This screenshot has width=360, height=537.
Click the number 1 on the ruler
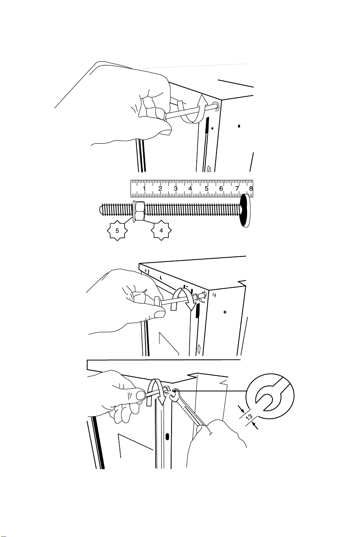(x=144, y=188)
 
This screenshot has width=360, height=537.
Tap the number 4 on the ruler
(x=190, y=188)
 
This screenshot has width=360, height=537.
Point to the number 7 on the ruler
(x=237, y=188)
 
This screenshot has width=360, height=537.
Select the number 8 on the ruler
(x=251, y=188)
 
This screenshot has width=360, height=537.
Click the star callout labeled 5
(x=117, y=230)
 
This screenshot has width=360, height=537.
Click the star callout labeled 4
(x=161, y=230)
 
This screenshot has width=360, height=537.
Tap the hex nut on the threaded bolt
(x=139, y=211)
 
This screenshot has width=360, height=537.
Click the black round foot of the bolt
(x=245, y=210)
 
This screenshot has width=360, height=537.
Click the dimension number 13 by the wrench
(x=249, y=417)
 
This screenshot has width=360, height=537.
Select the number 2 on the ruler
(x=160, y=188)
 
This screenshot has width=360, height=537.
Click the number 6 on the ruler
(x=221, y=188)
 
